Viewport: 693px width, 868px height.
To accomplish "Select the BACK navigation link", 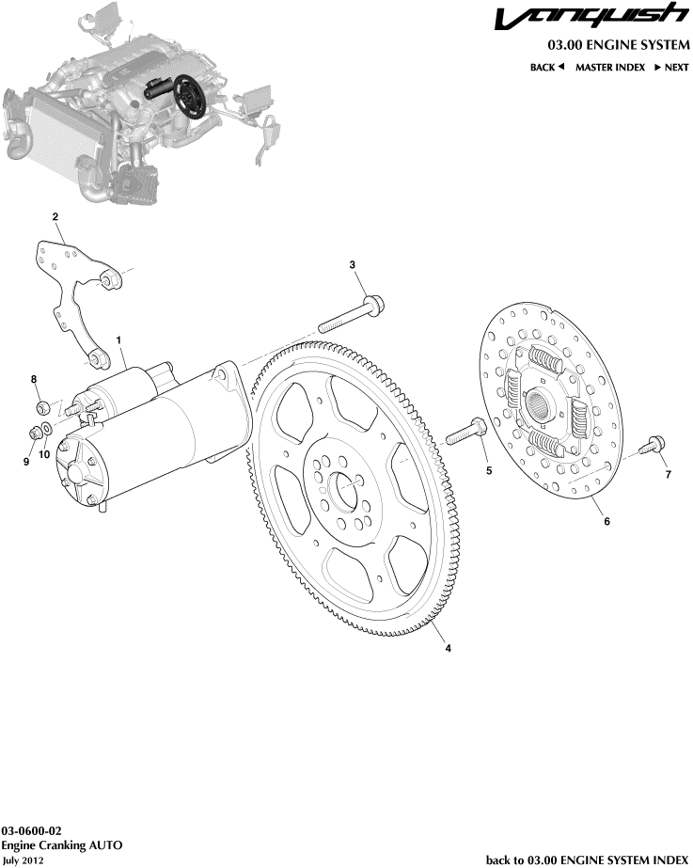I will tap(546, 68).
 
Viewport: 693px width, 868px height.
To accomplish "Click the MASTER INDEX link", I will tap(609, 68).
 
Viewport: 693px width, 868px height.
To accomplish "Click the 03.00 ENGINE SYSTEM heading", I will tap(618, 45).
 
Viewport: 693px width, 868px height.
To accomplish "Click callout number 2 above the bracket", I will tap(55, 217).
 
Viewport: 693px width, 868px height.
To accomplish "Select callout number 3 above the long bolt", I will tap(353, 265).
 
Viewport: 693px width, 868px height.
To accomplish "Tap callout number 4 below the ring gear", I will tap(448, 648).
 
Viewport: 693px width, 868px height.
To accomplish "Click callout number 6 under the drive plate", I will tap(606, 520).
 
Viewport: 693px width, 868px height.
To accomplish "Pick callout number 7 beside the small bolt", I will tap(669, 473).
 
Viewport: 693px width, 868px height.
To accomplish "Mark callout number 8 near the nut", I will tap(34, 379).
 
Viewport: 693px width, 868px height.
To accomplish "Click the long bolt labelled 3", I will tap(352, 315).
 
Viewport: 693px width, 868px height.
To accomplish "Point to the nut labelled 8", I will tap(41, 407).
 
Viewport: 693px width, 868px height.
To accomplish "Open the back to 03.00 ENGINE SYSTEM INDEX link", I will tap(587, 860).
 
